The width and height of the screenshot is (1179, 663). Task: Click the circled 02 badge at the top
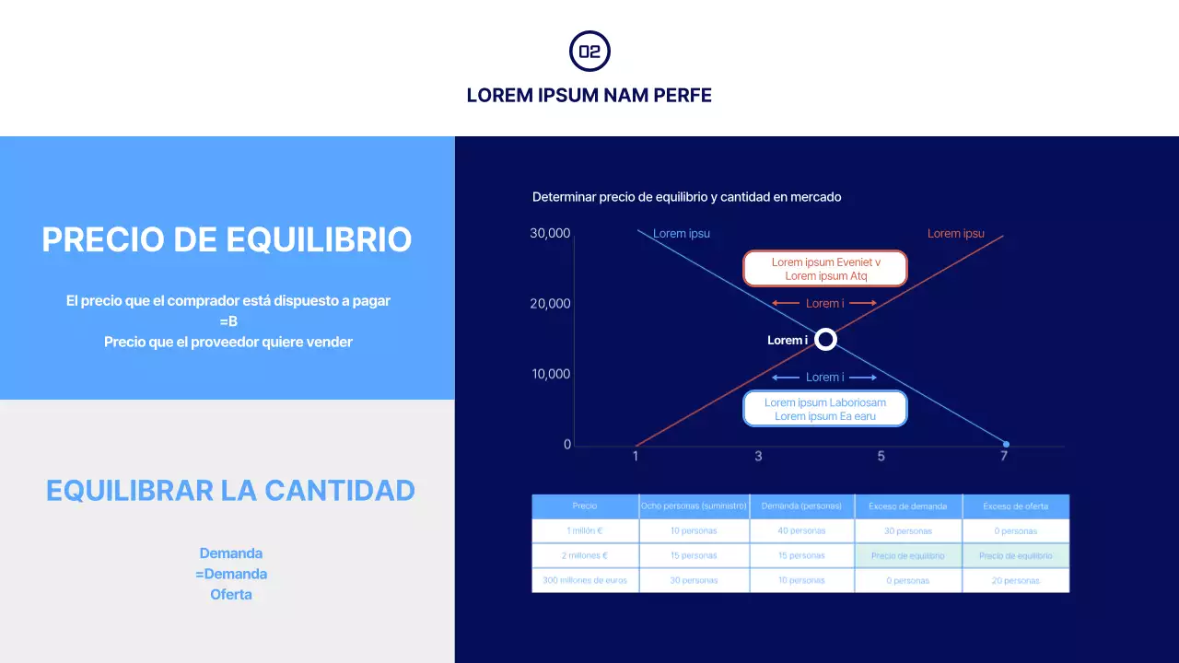coord(589,52)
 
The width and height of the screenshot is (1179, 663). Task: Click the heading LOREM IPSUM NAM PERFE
coord(589,96)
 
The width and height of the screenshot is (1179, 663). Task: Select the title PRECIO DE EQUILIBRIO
coord(227,239)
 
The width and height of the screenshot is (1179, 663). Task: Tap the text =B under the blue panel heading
coord(228,321)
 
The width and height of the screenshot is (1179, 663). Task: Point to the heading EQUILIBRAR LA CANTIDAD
coord(230,490)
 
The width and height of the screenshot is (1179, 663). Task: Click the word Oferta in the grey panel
coord(231,594)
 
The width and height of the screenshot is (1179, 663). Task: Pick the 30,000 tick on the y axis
coord(550,234)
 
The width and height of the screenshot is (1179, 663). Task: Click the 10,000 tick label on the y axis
coord(550,374)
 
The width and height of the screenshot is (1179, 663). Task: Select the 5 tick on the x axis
coord(881,456)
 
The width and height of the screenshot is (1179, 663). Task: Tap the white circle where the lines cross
coord(826,340)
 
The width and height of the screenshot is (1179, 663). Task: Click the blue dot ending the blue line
coord(1006,445)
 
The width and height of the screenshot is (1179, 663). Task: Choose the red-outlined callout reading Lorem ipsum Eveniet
coord(825,269)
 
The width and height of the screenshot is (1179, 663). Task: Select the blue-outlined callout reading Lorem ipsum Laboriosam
coord(825,409)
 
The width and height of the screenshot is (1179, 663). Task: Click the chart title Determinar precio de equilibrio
coord(686,197)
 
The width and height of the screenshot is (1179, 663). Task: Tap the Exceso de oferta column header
coord(1016,506)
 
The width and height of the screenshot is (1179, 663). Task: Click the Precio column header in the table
coord(585,506)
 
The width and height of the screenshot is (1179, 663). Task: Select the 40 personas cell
coord(801,531)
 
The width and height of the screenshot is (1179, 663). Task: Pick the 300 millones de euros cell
coord(585,581)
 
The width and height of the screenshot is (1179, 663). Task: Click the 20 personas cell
coord(1016,581)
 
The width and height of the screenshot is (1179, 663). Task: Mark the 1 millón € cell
coord(585,531)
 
